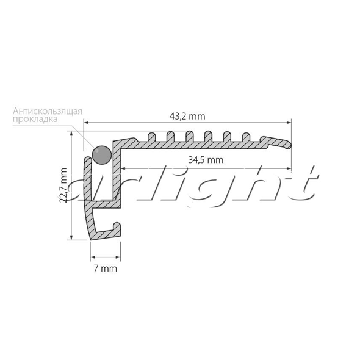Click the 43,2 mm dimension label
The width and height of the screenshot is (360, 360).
pos(187,117)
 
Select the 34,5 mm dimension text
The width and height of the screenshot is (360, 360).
pos(206,160)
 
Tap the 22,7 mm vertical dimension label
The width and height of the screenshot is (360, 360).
pos(63,185)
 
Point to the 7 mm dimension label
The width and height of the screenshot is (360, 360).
pos(105,268)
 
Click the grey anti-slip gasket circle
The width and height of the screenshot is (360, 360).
pos(102,155)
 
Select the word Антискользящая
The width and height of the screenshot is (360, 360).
pos(48,111)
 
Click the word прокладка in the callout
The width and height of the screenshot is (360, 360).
pos(35,120)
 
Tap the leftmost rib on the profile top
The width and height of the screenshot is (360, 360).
pos(151,137)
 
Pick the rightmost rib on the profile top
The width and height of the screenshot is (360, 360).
pos(247,137)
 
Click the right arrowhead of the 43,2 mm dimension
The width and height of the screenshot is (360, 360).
pos(289,123)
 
